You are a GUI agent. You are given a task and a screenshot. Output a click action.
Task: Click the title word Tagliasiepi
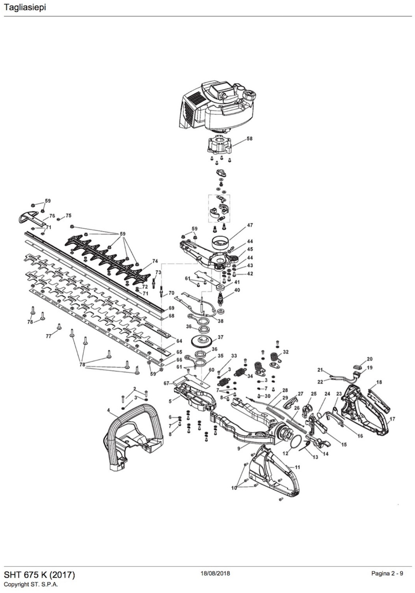(x=25, y=7)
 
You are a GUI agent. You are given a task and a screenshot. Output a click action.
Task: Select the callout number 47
(x=250, y=225)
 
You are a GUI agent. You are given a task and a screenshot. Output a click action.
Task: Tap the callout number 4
(x=108, y=410)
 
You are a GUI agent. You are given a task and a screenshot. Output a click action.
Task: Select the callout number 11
(x=297, y=467)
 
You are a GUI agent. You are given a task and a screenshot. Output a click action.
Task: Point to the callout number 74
(x=155, y=261)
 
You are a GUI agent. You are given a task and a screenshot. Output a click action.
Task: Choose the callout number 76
(x=52, y=216)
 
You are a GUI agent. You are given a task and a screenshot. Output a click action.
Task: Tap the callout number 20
(x=370, y=359)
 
